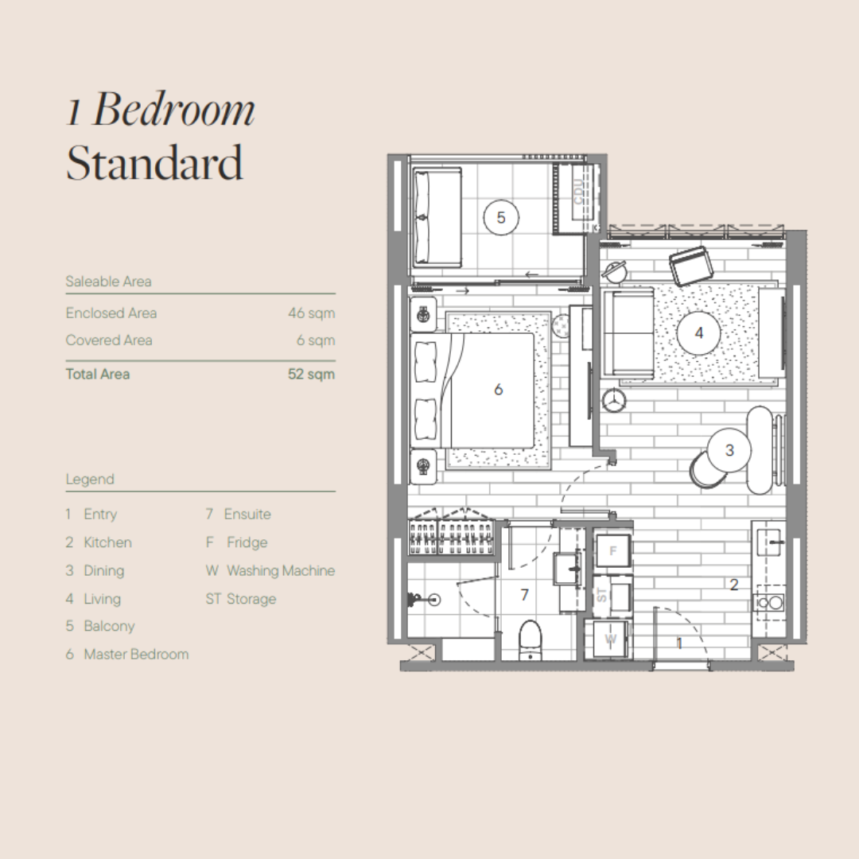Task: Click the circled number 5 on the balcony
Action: click(x=501, y=217)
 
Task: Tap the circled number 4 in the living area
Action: click(x=698, y=332)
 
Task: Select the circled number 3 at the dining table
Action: click(x=729, y=449)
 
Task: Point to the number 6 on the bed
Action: click(x=498, y=390)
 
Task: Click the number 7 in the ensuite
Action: click(x=524, y=594)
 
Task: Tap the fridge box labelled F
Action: click(x=612, y=550)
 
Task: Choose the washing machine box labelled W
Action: click(x=609, y=639)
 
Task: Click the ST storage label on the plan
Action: click(x=601, y=595)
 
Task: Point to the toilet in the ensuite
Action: click(x=531, y=639)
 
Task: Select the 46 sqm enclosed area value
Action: click(x=311, y=313)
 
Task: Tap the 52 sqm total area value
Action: click(x=311, y=374)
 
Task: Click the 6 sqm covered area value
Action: click(x=316, y=340)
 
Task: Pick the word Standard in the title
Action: click(x=154, y=163)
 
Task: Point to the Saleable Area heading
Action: click(x=108, y=282)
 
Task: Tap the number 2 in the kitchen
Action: click(x=734, y=585)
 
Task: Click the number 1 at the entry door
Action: click(x=679, y=643)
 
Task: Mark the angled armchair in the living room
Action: click(x=691, y=266)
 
